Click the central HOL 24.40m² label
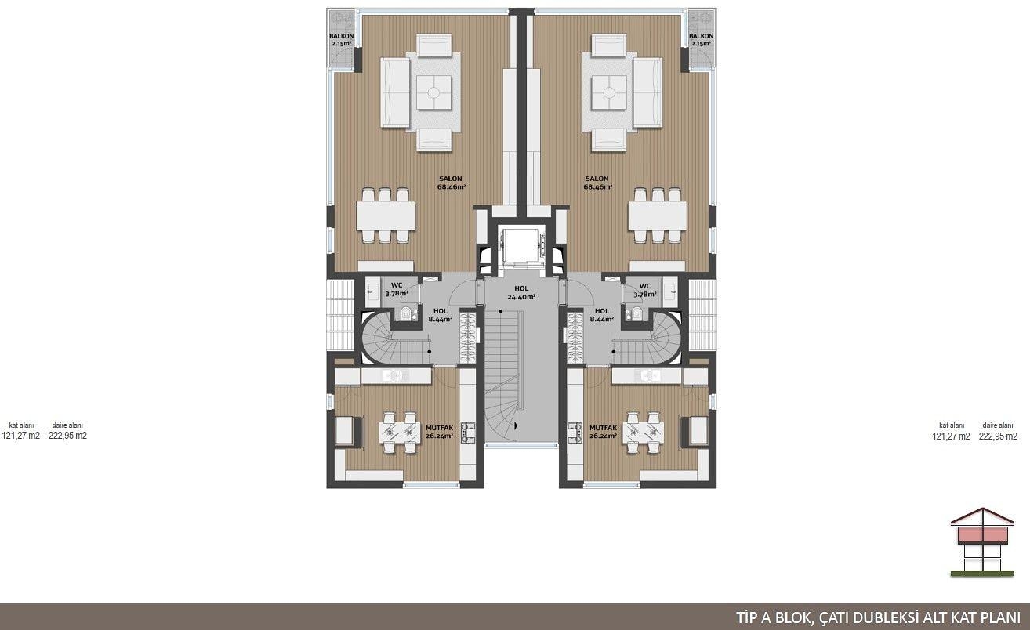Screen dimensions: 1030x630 click(x=521, y=293)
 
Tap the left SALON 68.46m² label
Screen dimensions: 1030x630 click(x=451, y=183)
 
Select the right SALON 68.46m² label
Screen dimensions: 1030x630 click(x=597, y=183)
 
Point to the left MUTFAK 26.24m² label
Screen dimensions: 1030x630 click(x=439, y=432)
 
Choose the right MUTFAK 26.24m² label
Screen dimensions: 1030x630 click(x=603, y=432)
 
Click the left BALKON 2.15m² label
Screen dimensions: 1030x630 click(x=341, y=40)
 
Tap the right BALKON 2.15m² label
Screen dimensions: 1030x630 click(x=702, y=40)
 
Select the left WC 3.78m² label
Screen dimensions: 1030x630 click(x=397, y=289)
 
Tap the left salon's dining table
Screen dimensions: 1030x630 click(x=386, y=216)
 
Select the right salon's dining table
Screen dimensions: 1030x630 click(x=658, y=216)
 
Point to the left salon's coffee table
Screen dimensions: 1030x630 click(x=433, y=92)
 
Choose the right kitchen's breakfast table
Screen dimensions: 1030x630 click(x=643, y=433)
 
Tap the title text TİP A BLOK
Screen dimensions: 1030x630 click(x=776, y=617)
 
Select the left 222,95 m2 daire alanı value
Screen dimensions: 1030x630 click(x=67, y=436)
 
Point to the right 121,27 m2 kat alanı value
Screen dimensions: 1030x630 click(x=951, y=436)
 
